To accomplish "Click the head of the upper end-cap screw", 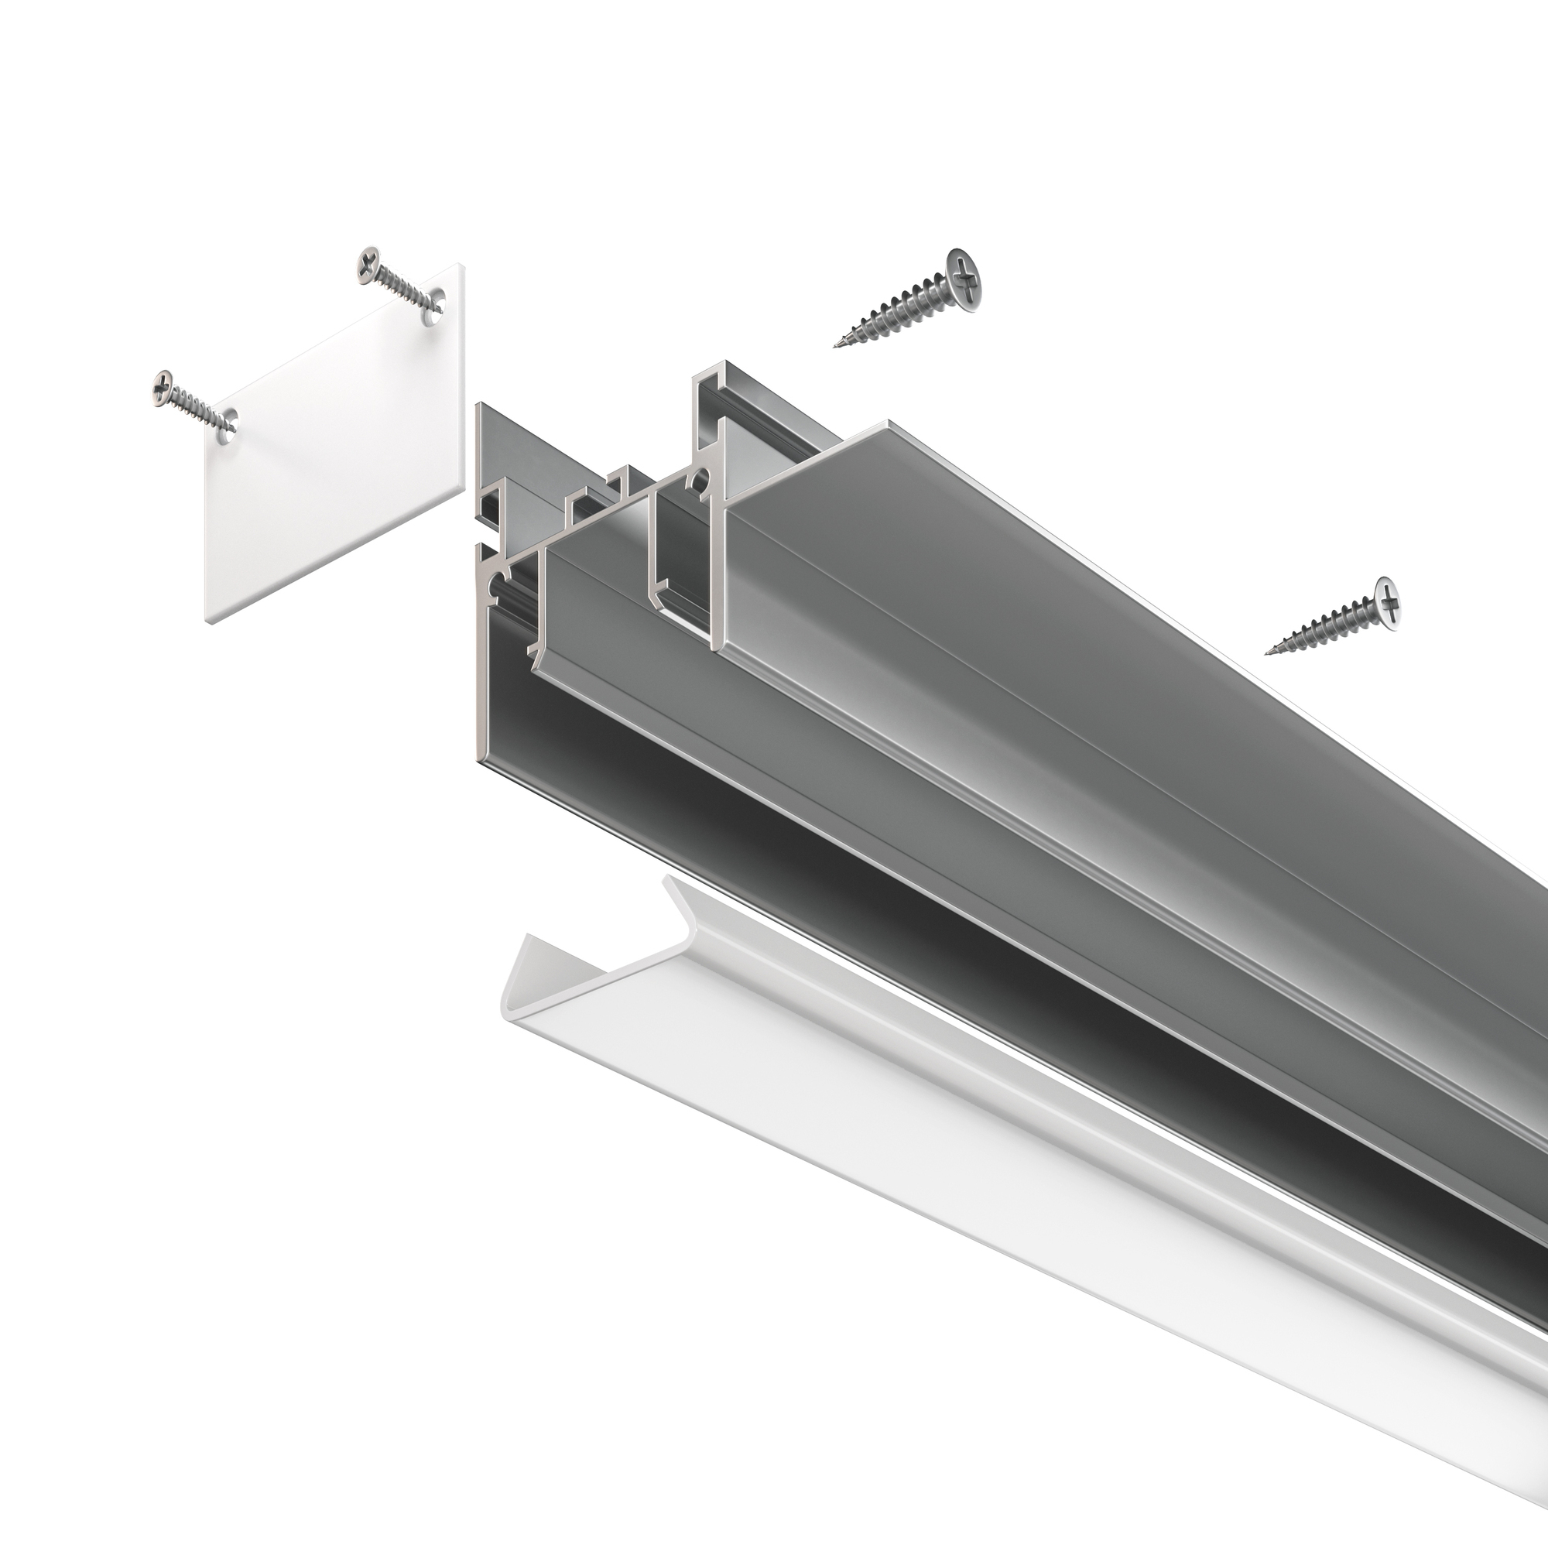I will point(367,263).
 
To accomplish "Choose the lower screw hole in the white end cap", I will point(230,423).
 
